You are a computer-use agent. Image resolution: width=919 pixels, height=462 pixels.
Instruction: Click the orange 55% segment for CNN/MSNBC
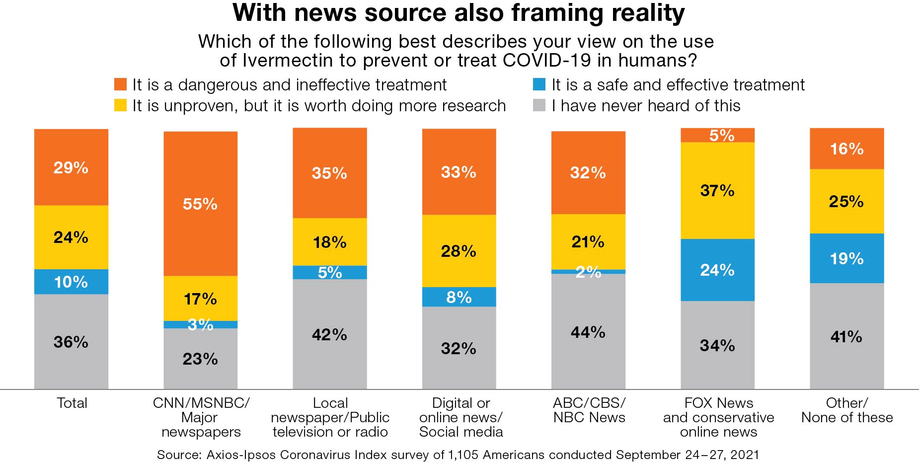(200, 204)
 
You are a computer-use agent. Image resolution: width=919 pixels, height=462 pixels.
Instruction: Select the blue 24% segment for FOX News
(717, 270)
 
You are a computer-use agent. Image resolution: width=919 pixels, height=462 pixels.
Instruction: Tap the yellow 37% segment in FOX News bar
(717, 190)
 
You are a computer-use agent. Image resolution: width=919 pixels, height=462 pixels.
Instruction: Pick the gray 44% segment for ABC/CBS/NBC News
(588, 331)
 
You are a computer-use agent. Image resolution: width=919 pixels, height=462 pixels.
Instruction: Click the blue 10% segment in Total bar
(71, 282)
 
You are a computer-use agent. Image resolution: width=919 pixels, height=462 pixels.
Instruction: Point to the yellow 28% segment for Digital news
(459, 251)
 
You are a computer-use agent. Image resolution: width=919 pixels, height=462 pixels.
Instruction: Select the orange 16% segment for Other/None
(846, 149)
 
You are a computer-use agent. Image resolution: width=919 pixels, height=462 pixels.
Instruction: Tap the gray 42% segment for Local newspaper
(329, 334)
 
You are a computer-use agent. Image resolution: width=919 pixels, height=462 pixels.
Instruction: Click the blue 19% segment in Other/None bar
(846, 258)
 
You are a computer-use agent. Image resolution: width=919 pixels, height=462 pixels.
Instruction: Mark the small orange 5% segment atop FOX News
(717, 135)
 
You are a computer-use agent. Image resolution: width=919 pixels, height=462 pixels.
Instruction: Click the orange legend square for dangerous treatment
(120, 84)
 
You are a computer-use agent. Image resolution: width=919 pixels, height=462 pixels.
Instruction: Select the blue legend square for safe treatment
(539, 84)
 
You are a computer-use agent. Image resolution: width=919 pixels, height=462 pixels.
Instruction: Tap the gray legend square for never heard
(539, 105)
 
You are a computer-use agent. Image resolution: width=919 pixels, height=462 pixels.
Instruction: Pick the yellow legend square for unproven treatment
(120, 105)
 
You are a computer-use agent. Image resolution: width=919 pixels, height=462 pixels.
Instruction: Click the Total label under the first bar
(72, 403)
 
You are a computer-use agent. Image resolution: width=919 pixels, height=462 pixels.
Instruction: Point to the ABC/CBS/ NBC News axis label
(589, 410)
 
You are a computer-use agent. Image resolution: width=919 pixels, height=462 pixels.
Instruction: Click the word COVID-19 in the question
(547, 60)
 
